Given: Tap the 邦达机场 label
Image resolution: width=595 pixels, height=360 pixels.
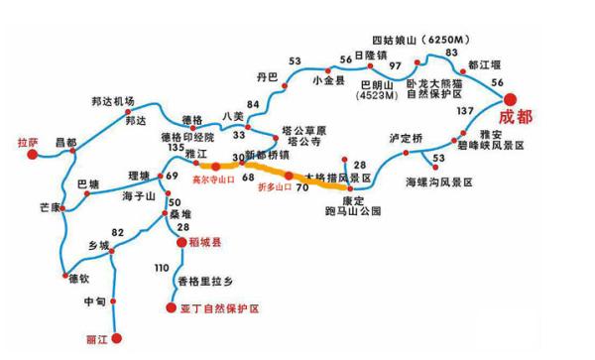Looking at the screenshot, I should (x=112, y=100).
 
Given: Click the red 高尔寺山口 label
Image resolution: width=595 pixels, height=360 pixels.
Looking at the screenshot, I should (x=212, y=181).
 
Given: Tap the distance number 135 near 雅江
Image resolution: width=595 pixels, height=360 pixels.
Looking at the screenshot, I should (x=178, y=148).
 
